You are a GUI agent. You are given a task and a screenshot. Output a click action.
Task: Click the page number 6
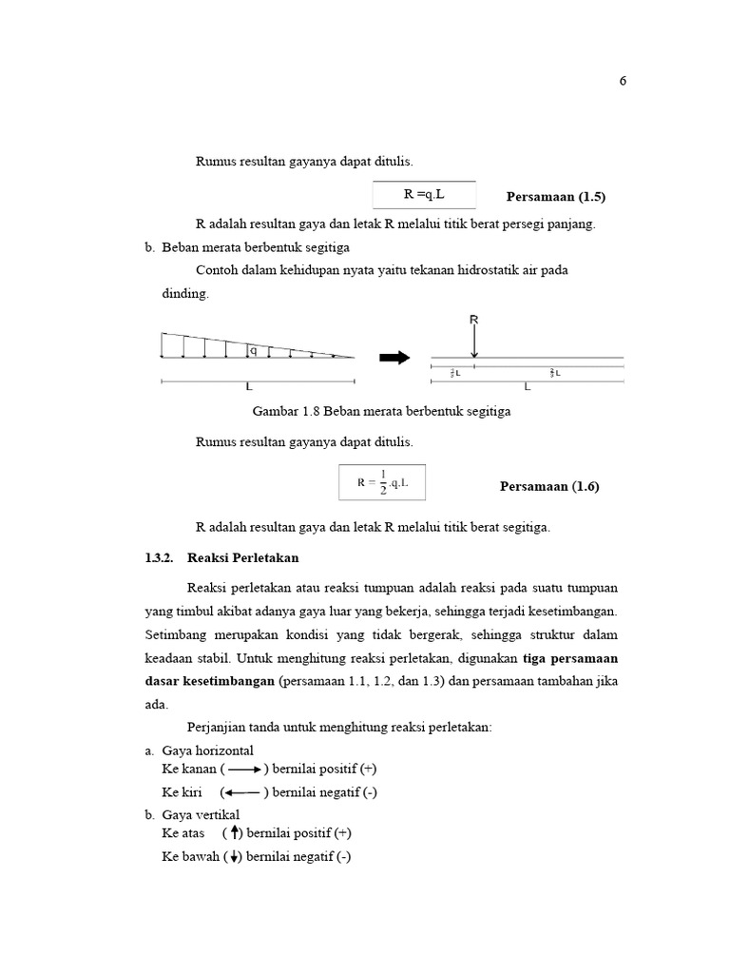point(623,81)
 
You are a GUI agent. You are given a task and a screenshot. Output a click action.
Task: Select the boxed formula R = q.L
point(424,195)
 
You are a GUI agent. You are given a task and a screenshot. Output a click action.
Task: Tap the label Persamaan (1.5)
point(556,197)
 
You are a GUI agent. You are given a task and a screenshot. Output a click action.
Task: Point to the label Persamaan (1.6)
point(549,486)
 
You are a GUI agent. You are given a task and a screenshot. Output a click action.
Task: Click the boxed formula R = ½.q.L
point(382,482)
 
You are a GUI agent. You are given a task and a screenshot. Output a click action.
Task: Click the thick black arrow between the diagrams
point(394,358)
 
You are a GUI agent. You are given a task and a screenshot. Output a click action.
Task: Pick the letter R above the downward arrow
point(473,321)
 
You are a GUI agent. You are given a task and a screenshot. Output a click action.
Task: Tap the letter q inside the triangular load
point(253,350)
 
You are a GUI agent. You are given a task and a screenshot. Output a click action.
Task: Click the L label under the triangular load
point(249,388)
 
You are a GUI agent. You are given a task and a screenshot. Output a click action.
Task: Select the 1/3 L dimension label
point(454,374)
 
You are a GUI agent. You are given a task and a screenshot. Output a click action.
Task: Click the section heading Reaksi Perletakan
point(243,557)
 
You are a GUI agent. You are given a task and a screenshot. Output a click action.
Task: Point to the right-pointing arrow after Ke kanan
point(244,769)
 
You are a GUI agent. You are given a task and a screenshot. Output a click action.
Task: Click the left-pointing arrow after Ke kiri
point(244,792)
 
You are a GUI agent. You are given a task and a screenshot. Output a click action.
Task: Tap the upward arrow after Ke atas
point(234,832)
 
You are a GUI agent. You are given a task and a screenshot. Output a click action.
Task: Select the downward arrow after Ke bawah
point(234,857)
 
